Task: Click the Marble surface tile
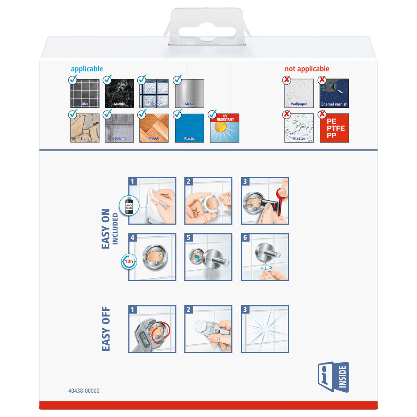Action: [x=119, y=93]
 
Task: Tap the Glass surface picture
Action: [x=154, y=93]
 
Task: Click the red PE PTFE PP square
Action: [x=334, y=128]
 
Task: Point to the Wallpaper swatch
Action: [x=299, y=93]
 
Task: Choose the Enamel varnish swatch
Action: [x=334, y=93]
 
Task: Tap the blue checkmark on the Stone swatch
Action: [x=73, y=114]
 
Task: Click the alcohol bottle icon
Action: [x=129, y=205]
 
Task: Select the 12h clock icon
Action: [x=129, y=261]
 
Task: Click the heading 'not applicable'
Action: [x=307, y=69]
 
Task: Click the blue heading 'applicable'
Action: [x=87, y=69]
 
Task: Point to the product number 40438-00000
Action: [x=84, y=391]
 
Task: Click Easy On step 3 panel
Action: [x=265, y=201]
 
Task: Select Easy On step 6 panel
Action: [x=265, y=257]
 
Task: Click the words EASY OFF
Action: [x=106, y=329]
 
